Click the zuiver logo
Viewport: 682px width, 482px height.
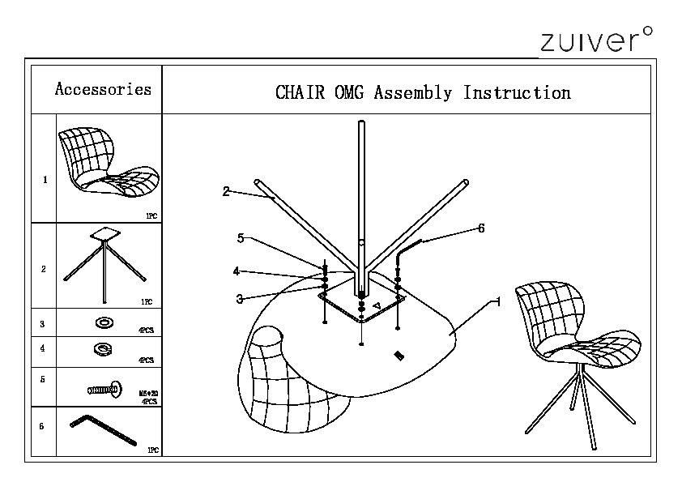point(595,39)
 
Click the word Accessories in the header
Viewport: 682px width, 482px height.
point(103,89)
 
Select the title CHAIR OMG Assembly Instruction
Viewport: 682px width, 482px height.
point(423,92)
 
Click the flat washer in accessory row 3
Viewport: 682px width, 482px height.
point(104,323)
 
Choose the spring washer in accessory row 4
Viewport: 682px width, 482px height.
point(104,349)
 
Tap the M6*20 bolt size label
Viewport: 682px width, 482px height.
point(149,395)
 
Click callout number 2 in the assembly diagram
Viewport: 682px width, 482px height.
point(226,192)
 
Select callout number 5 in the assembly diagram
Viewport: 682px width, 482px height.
point(241,238)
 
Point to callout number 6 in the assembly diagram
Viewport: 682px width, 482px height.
point(481,228)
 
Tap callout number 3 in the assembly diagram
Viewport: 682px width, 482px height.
point(240,299)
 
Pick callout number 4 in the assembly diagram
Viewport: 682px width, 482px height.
point(236,271)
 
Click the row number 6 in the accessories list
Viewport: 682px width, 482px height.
point(41,427)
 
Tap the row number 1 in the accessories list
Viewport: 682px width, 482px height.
point(44,180)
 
